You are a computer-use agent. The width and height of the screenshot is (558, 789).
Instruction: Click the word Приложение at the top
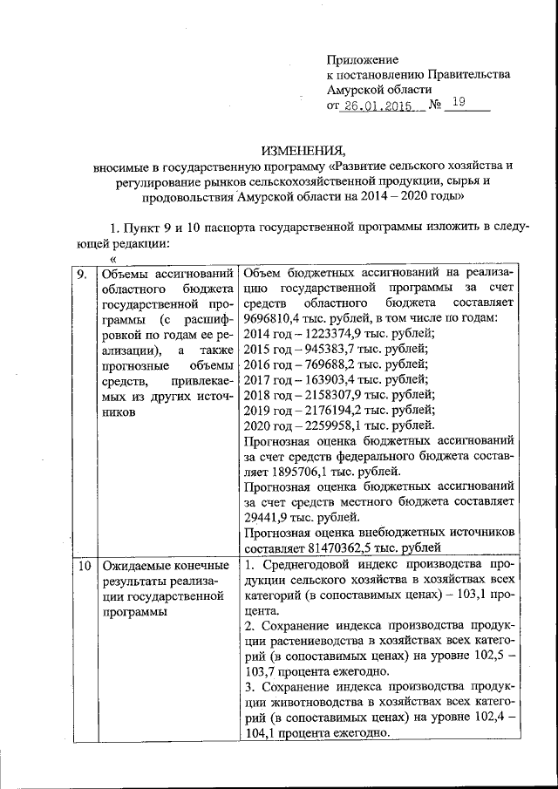[x=362, y=60]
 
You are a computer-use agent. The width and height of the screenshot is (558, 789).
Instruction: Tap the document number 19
[x=458, y=104]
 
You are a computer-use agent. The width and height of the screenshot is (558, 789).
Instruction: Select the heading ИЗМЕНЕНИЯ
[x=303, y=147]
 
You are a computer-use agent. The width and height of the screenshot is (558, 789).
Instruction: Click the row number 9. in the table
[x=81, y=274]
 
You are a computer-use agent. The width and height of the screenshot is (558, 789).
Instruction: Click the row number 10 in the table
[x=83, y=566]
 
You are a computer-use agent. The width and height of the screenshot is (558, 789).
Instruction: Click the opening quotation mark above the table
[x=113, y=258]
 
